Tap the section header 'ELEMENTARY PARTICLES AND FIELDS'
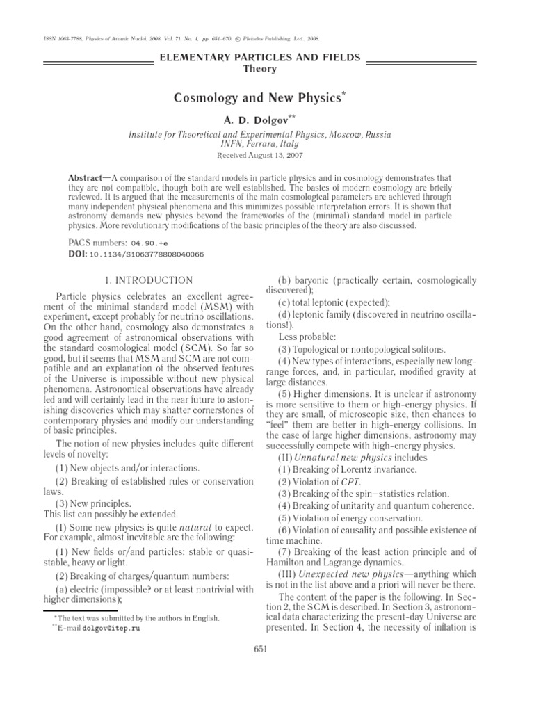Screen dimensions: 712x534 (x=259, y=58)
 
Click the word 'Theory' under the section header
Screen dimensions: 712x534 (x=259, y=69)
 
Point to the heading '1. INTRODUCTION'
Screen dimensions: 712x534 (x=148, y=280)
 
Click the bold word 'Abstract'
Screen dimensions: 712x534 (x=84, y=178)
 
